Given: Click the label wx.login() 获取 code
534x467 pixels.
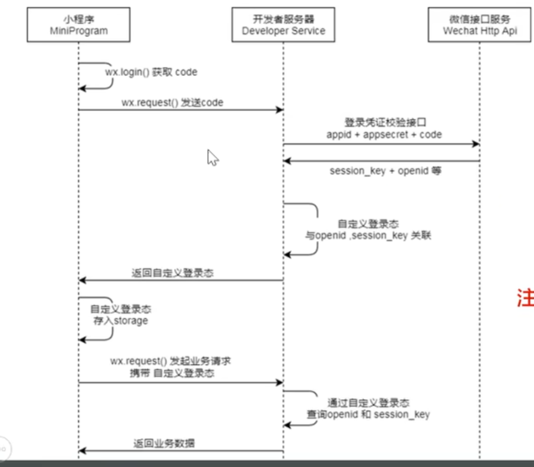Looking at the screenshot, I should tap(151, 72).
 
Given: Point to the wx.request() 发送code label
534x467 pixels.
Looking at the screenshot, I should tap(172, 103).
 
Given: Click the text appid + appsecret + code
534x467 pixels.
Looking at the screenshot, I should tap(384, 134).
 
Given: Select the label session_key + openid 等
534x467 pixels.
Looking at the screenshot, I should tap(385, 171).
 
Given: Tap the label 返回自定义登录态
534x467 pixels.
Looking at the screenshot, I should tap(173, 273).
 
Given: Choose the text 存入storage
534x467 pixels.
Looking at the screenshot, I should tap(121, 321).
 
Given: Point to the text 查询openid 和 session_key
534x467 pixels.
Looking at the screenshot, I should tap(369, 415).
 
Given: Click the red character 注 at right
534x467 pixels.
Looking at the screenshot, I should tap(525, 299).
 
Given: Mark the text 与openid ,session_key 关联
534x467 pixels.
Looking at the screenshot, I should tap(368, 236).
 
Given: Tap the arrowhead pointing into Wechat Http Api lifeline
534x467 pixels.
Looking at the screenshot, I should tap(476, 144).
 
